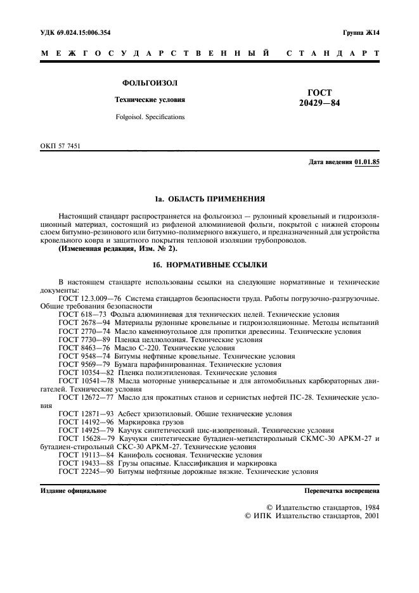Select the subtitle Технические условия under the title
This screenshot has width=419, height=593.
[x=150, y=100]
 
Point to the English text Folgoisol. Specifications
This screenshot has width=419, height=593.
[x=150, y=117]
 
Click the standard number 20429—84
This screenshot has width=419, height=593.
[x=319, y=103]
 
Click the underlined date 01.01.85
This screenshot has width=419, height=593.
[x=367, y=163]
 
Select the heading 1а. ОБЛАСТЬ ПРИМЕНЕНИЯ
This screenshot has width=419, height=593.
[x=209, y=198]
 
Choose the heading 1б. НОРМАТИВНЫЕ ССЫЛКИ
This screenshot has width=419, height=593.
[x=209, y=264]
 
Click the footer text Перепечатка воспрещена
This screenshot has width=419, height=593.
[x=342, y=490]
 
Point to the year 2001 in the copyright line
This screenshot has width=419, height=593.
[x=369, y=516]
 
